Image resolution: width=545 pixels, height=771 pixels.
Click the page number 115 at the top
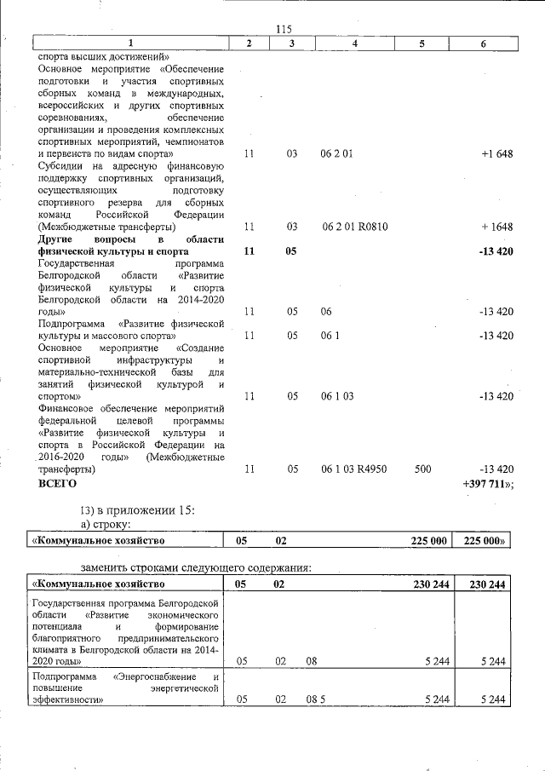[284, 30]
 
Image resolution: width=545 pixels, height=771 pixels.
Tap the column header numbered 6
[482, 43]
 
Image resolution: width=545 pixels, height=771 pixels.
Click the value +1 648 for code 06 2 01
[496, 154]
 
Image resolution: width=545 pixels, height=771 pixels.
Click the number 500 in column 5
[422, 469]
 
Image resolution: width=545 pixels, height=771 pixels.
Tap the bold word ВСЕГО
[58, 484]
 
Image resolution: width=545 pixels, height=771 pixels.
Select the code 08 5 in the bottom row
[316, 699]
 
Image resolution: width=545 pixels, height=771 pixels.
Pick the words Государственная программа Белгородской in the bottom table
[127, 603]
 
